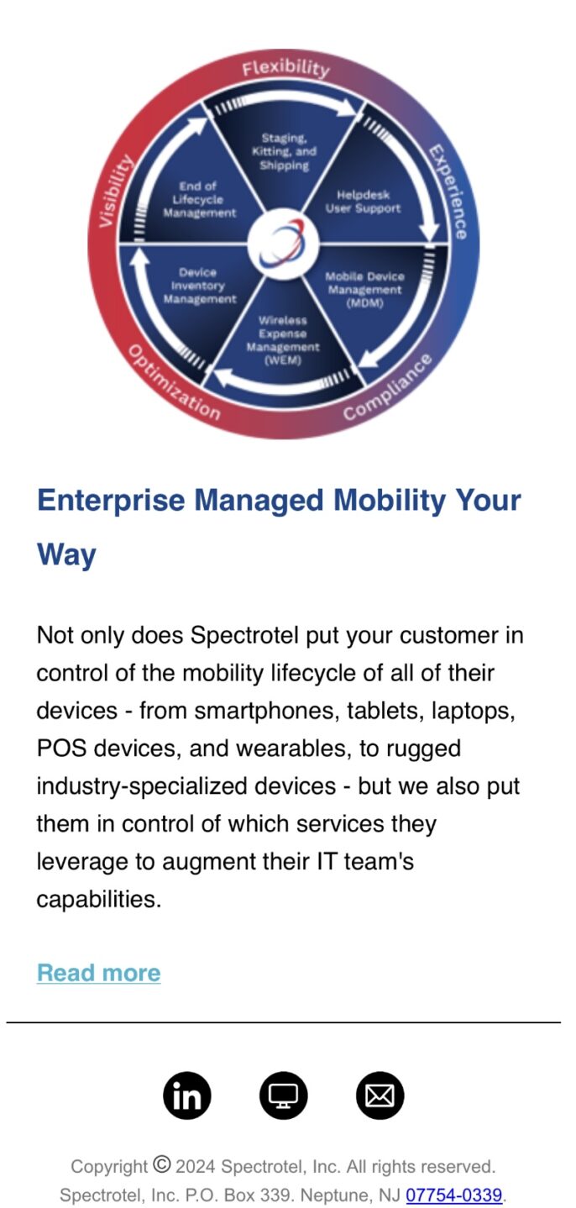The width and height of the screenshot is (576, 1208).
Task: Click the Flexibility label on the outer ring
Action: (285, 68)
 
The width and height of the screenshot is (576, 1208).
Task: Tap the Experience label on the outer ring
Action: (448, 192)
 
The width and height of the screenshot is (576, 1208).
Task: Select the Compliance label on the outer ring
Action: (388, 386)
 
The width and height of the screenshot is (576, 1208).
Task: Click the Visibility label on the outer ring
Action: (115, 191)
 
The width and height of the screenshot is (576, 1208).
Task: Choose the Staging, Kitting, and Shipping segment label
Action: (284, 151)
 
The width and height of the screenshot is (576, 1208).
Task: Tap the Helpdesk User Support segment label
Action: (363, 201)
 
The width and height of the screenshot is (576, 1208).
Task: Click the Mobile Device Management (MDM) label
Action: (364, 290)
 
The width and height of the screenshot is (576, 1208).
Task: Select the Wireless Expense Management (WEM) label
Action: (282, 339)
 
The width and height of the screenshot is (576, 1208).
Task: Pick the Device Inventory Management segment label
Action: (199, 286)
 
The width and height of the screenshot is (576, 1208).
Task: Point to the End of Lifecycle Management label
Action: (199, 199)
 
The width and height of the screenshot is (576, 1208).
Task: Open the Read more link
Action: (98, 972)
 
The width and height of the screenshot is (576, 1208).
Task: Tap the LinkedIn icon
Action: (186, 1095)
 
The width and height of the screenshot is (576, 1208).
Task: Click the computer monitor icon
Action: (284, 1095)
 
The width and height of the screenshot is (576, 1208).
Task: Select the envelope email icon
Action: (380, 1095)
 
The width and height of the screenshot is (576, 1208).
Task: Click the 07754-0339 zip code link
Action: (453, 1195)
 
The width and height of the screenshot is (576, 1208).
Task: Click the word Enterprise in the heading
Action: (111, 501)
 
